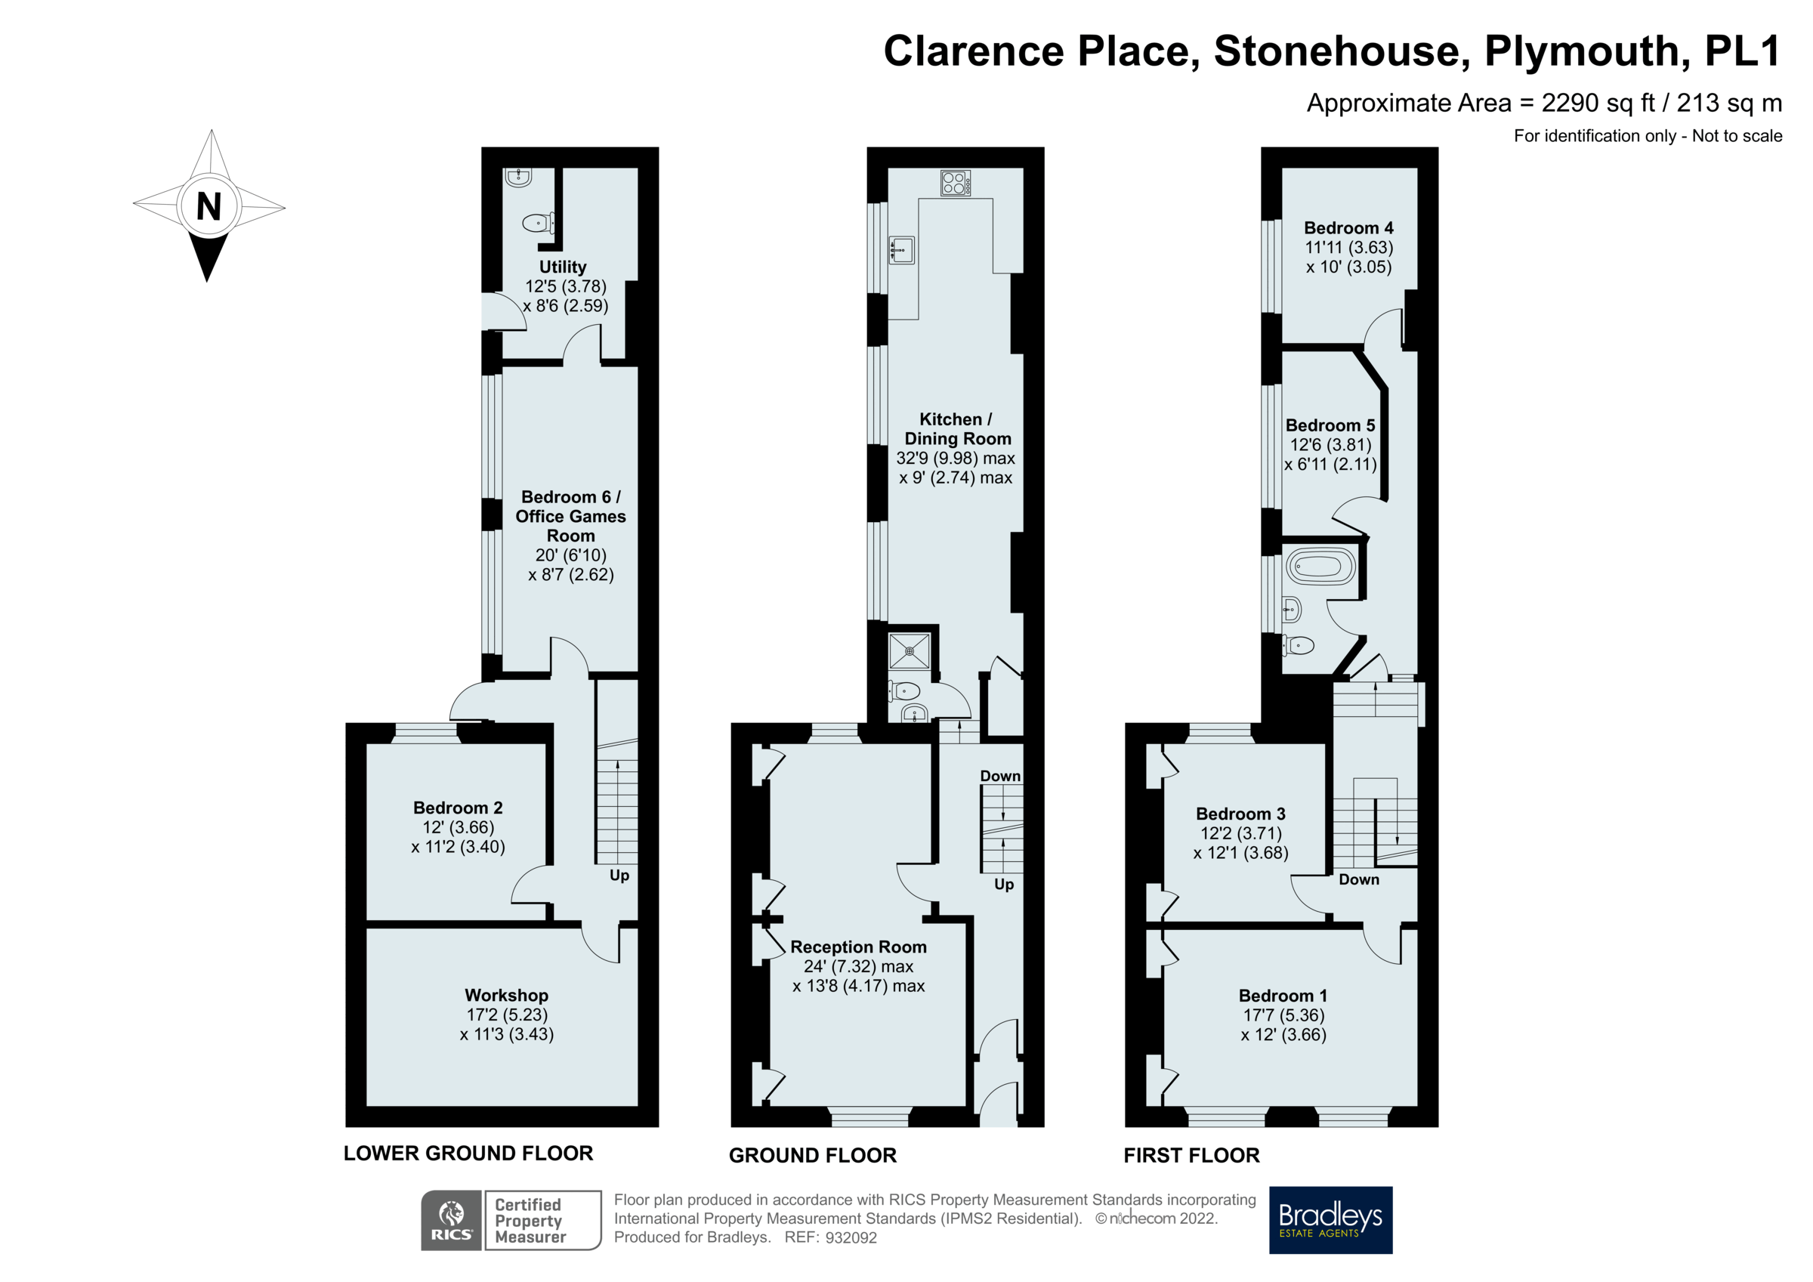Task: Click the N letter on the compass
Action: click(x=208, y=207)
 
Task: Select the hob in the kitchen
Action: click(x=956, y=184)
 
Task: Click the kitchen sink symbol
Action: click(x=901, y=250)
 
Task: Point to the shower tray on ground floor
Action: click(x=910, y=651)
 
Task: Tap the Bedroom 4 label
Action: click(x=1348, y=227)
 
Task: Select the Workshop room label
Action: click(x=506, y=995)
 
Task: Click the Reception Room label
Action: click(x=858, y=947)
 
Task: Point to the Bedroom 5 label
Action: click(x=1330, y=425)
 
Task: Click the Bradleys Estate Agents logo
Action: click(x=1330, y=1219)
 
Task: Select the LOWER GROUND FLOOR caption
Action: click(x=468, y=1154)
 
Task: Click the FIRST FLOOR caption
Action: click(x=1191, y=1156)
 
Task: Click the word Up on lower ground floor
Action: click(x=619, y=876)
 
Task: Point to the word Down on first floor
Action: click(x=1358, y=879)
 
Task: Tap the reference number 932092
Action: click(x=851, y=1237)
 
